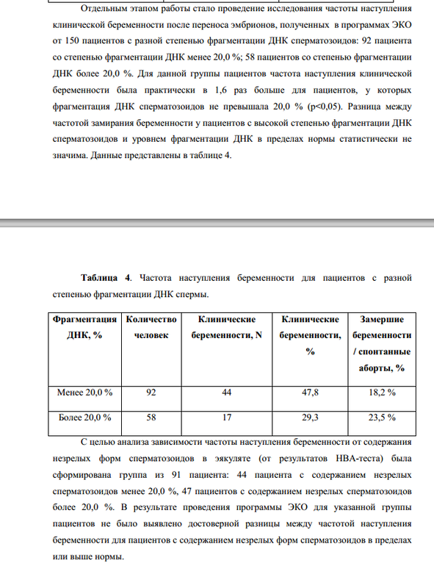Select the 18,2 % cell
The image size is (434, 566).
coord(381,393)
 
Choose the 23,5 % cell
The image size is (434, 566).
coord(381,418)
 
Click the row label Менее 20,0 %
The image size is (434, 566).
coord(84,393)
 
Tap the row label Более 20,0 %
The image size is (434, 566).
coord(84,418)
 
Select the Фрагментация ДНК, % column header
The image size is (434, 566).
coord(84,327)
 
